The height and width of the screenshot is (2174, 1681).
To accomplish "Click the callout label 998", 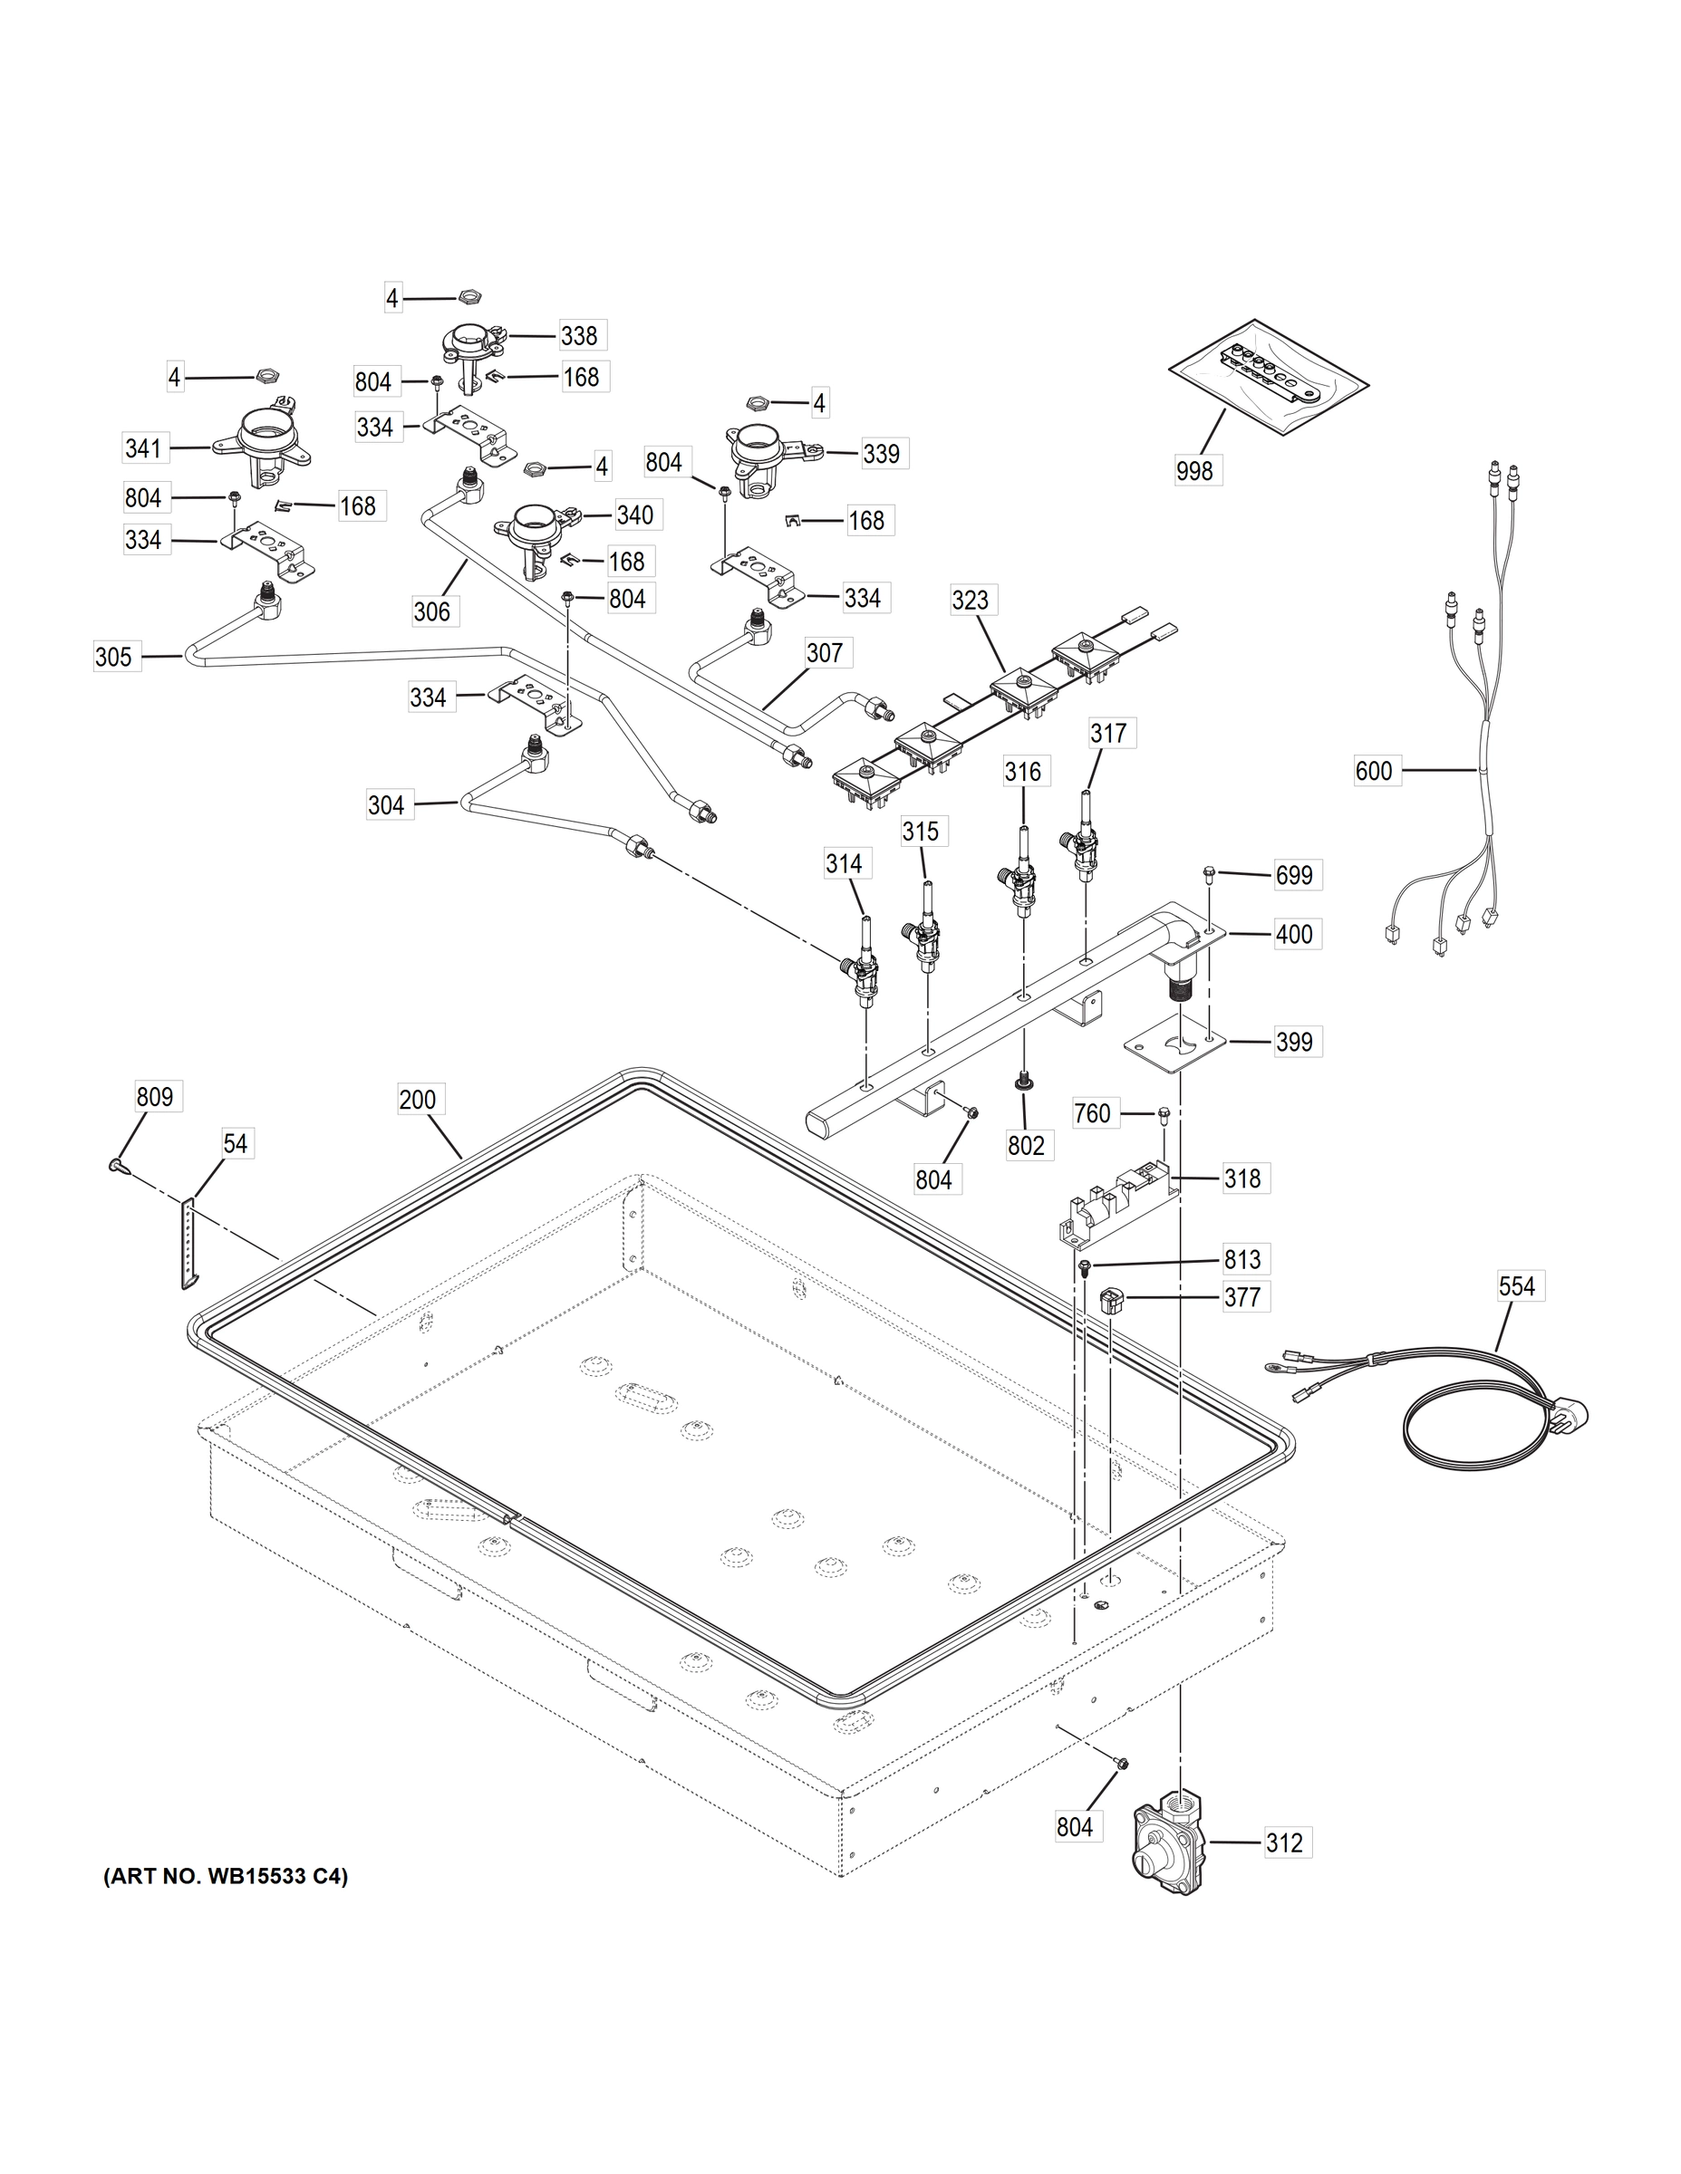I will click(x=1194, y=470).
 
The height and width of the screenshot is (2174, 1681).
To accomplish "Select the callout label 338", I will click(x=578, y=335).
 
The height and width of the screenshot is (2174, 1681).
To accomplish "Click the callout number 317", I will click(x=1107, y=734).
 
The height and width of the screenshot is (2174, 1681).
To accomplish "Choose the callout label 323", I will click(x=970, y=601).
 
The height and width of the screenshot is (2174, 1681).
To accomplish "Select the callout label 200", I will click(x=417, y=1100).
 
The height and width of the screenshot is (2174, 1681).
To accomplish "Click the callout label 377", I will click(x=1241, y=1297).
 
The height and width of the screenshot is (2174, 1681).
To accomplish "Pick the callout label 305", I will click(x=112, y=657).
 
